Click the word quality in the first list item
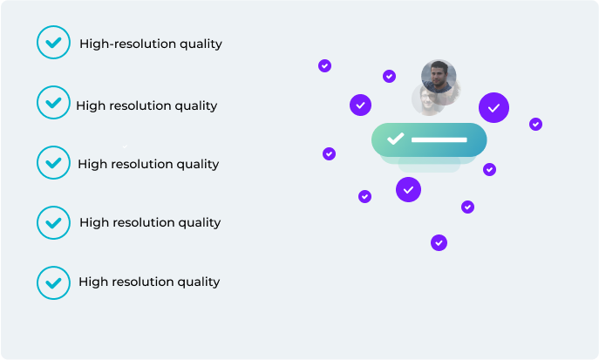[201, 44]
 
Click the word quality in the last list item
[199, 282]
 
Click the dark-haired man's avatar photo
[439, 77]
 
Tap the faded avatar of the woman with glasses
[426, 100]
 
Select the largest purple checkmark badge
[493, 108]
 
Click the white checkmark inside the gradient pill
[395, 139]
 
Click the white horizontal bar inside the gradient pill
[439, 139]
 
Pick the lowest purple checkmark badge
[439, 243]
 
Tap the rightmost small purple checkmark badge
[535, 124]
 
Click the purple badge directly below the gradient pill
[408, 190]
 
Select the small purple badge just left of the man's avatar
[389, 77]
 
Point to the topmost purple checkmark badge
[324, 66]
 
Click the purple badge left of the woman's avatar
[361, 105]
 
